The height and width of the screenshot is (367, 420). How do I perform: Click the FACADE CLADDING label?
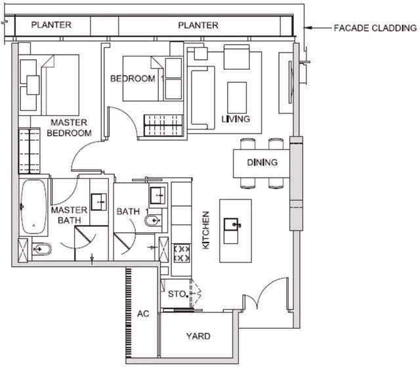click(375, 28)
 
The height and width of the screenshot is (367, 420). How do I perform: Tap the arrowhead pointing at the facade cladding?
click(306, 28)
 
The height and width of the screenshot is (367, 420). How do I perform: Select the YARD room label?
click(198, 336)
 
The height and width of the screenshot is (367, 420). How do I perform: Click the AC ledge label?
click(143, 314)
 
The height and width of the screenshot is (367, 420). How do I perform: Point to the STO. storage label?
click(177, 294)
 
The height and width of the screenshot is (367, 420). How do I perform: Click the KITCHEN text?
click(205, 230)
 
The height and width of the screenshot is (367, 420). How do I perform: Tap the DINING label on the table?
click(262, 162)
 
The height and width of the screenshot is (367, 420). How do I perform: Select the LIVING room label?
click(236, 119)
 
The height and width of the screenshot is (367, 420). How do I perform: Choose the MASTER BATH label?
click(69, 215)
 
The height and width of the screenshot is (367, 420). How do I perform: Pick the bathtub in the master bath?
click(33, 207)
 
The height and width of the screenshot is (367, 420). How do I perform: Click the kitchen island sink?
click(231, 224)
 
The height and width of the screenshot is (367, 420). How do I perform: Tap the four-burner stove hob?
click(182, 253)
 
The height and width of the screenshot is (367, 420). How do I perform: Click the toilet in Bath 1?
click(153, 221)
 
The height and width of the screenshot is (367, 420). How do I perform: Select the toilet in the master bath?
click(41, 249)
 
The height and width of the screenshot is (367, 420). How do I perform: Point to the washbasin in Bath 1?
click(157, 196)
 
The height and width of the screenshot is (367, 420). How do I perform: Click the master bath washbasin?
click(98, 202)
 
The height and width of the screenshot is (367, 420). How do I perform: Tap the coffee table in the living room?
click(237, 98)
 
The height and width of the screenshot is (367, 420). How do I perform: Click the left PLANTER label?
click(51, 25)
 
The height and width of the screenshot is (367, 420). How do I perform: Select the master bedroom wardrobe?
click(29, 151)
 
